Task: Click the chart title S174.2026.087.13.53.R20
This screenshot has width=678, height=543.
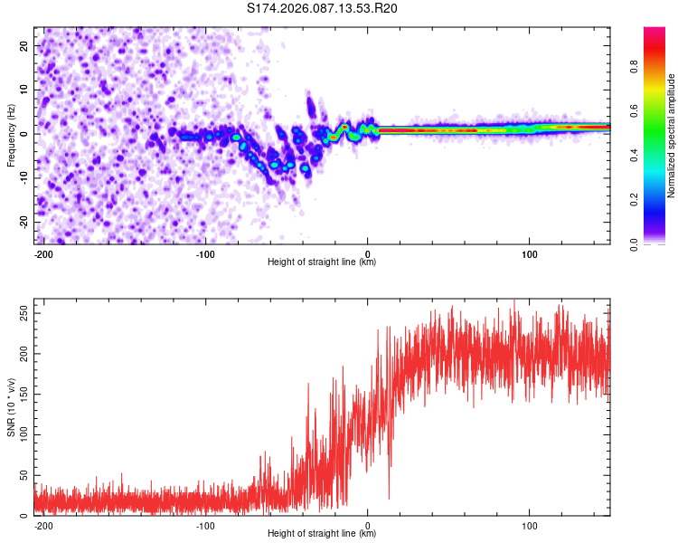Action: (x=323, y=9)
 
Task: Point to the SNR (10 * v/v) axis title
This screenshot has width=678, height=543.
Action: (x=12, y=408)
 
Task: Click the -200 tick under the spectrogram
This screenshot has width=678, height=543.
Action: (x=42, y=253)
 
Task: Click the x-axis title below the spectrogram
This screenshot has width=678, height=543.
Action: (x=322, y=262)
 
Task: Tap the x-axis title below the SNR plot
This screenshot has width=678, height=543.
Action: (x=322, y=534)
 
